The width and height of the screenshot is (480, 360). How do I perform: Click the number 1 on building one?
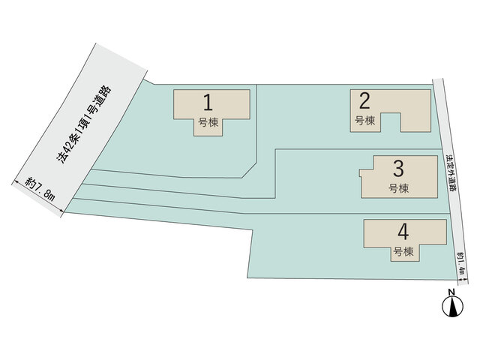[x=208, y=103]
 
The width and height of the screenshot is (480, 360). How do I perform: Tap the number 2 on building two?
[x=364, y=100]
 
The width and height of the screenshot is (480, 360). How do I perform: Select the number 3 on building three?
[x=398, y=169]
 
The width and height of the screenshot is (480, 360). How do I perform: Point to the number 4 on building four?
[x=403, y=232]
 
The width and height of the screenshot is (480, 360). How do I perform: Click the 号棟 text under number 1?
[x=208, y=122]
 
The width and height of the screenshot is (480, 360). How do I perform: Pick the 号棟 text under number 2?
[x=365, y=121]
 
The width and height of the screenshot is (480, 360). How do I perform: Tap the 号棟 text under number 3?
[x=398, y=188]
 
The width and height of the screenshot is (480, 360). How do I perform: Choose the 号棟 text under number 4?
[x=403, y=252]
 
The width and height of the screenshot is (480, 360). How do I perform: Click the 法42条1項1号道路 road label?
[x=84, y=124]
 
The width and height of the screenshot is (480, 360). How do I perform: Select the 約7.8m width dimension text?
[x=40, y=189]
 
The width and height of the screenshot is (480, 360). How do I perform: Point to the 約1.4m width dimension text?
[x=461, y=263]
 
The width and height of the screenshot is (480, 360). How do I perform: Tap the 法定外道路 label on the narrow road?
[x=450, y=173]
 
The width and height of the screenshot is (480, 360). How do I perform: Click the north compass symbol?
[x=452, y=307]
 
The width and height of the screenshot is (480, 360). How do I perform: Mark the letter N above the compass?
[x=451, y=292]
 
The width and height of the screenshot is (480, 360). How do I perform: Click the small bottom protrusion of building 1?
[x=208, y=127]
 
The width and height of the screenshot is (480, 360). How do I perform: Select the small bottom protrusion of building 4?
[x=405, y=253]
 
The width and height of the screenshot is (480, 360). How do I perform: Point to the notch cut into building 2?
[x=391, y=122]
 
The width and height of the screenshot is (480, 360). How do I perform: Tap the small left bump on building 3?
[x=360, y=173]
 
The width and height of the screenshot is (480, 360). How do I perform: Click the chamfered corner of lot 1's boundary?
[x=249, y=170]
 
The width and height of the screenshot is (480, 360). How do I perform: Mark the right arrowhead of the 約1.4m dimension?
[x=466, y=280]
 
